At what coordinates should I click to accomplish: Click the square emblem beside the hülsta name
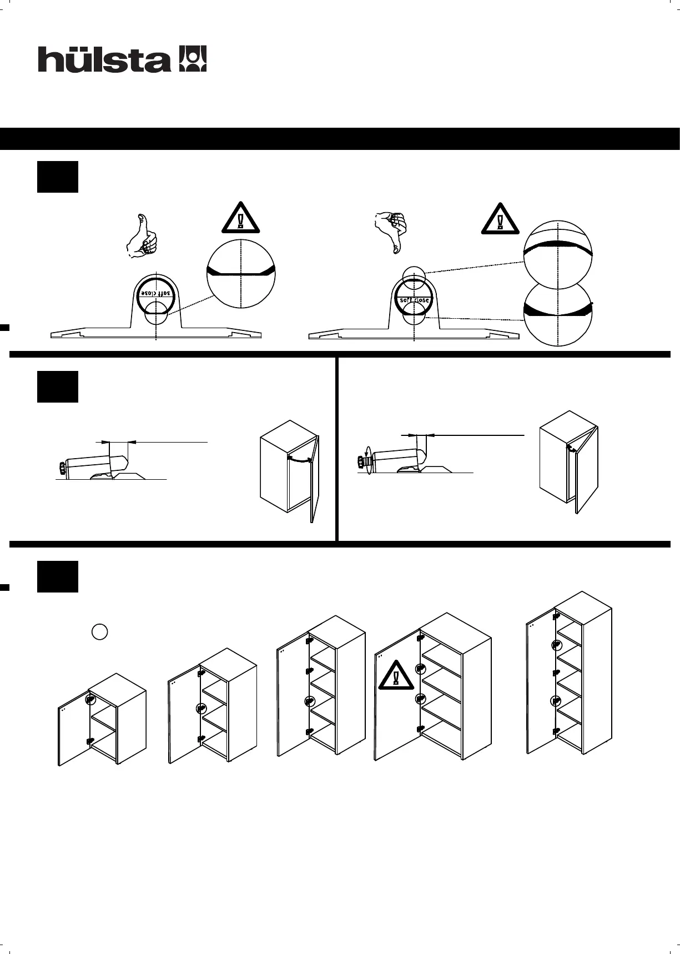coord(193,59)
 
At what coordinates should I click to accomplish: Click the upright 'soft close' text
coord(414,300)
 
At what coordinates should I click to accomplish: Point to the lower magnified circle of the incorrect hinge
coord(558,314)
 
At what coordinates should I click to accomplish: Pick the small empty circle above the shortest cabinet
coord(99,632)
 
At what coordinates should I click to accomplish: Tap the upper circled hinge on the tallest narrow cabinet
coord(556,645)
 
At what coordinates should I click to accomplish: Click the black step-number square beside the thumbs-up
coord(58,177)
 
